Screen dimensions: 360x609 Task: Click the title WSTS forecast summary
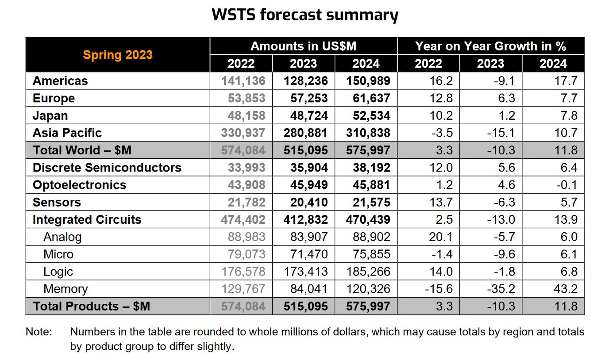[304, 14]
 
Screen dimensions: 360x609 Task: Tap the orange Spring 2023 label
[118, 55]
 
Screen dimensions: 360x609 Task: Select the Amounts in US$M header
[303, 46]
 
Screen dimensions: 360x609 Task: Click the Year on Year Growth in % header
[490, 46]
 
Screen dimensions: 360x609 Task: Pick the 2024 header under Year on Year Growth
[553, 64]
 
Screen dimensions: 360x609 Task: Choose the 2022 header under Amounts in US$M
[241, 64]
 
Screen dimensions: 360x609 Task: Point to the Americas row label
[60, 81]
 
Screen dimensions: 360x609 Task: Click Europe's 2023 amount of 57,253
[309, 98]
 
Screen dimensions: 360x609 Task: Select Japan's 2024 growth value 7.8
[569, 116]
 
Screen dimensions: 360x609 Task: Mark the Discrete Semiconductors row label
[107, 168]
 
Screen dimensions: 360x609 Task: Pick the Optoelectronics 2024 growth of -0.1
[567, 185]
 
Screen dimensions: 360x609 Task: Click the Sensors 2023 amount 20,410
[309, 203]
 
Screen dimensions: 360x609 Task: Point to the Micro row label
[58, 254]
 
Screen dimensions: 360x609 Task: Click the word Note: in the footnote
[39, 332]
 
